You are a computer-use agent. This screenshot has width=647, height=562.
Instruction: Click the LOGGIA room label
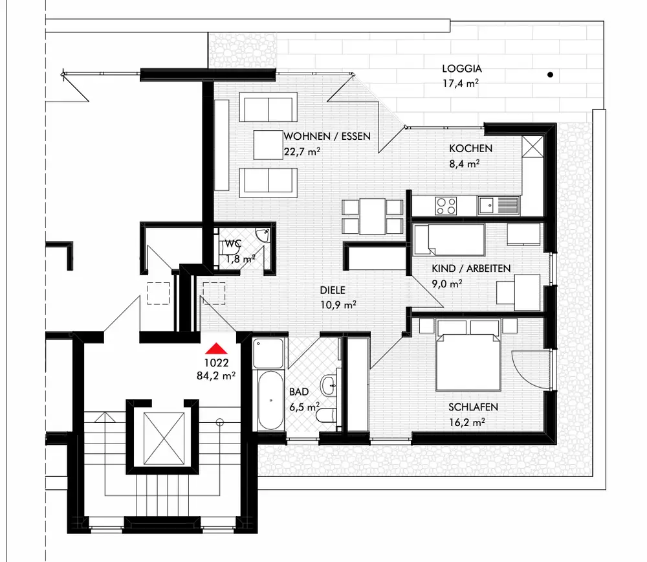[462, 69]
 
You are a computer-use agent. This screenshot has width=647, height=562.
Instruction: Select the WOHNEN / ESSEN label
[327, 137]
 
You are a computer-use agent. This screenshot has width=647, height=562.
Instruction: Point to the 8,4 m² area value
[464, 164]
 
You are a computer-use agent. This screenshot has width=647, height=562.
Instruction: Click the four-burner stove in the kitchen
[446, 206]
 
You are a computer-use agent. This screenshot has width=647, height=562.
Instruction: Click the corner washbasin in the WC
[262, 235]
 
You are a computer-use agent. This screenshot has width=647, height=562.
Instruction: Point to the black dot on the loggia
[550, 75]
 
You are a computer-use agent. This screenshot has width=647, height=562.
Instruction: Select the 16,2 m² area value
[467, 421]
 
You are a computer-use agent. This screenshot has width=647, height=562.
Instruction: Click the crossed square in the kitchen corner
[535, 146]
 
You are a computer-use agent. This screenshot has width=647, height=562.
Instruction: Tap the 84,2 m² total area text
[215, 374]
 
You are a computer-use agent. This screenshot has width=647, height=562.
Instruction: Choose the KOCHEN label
[470, 148]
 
